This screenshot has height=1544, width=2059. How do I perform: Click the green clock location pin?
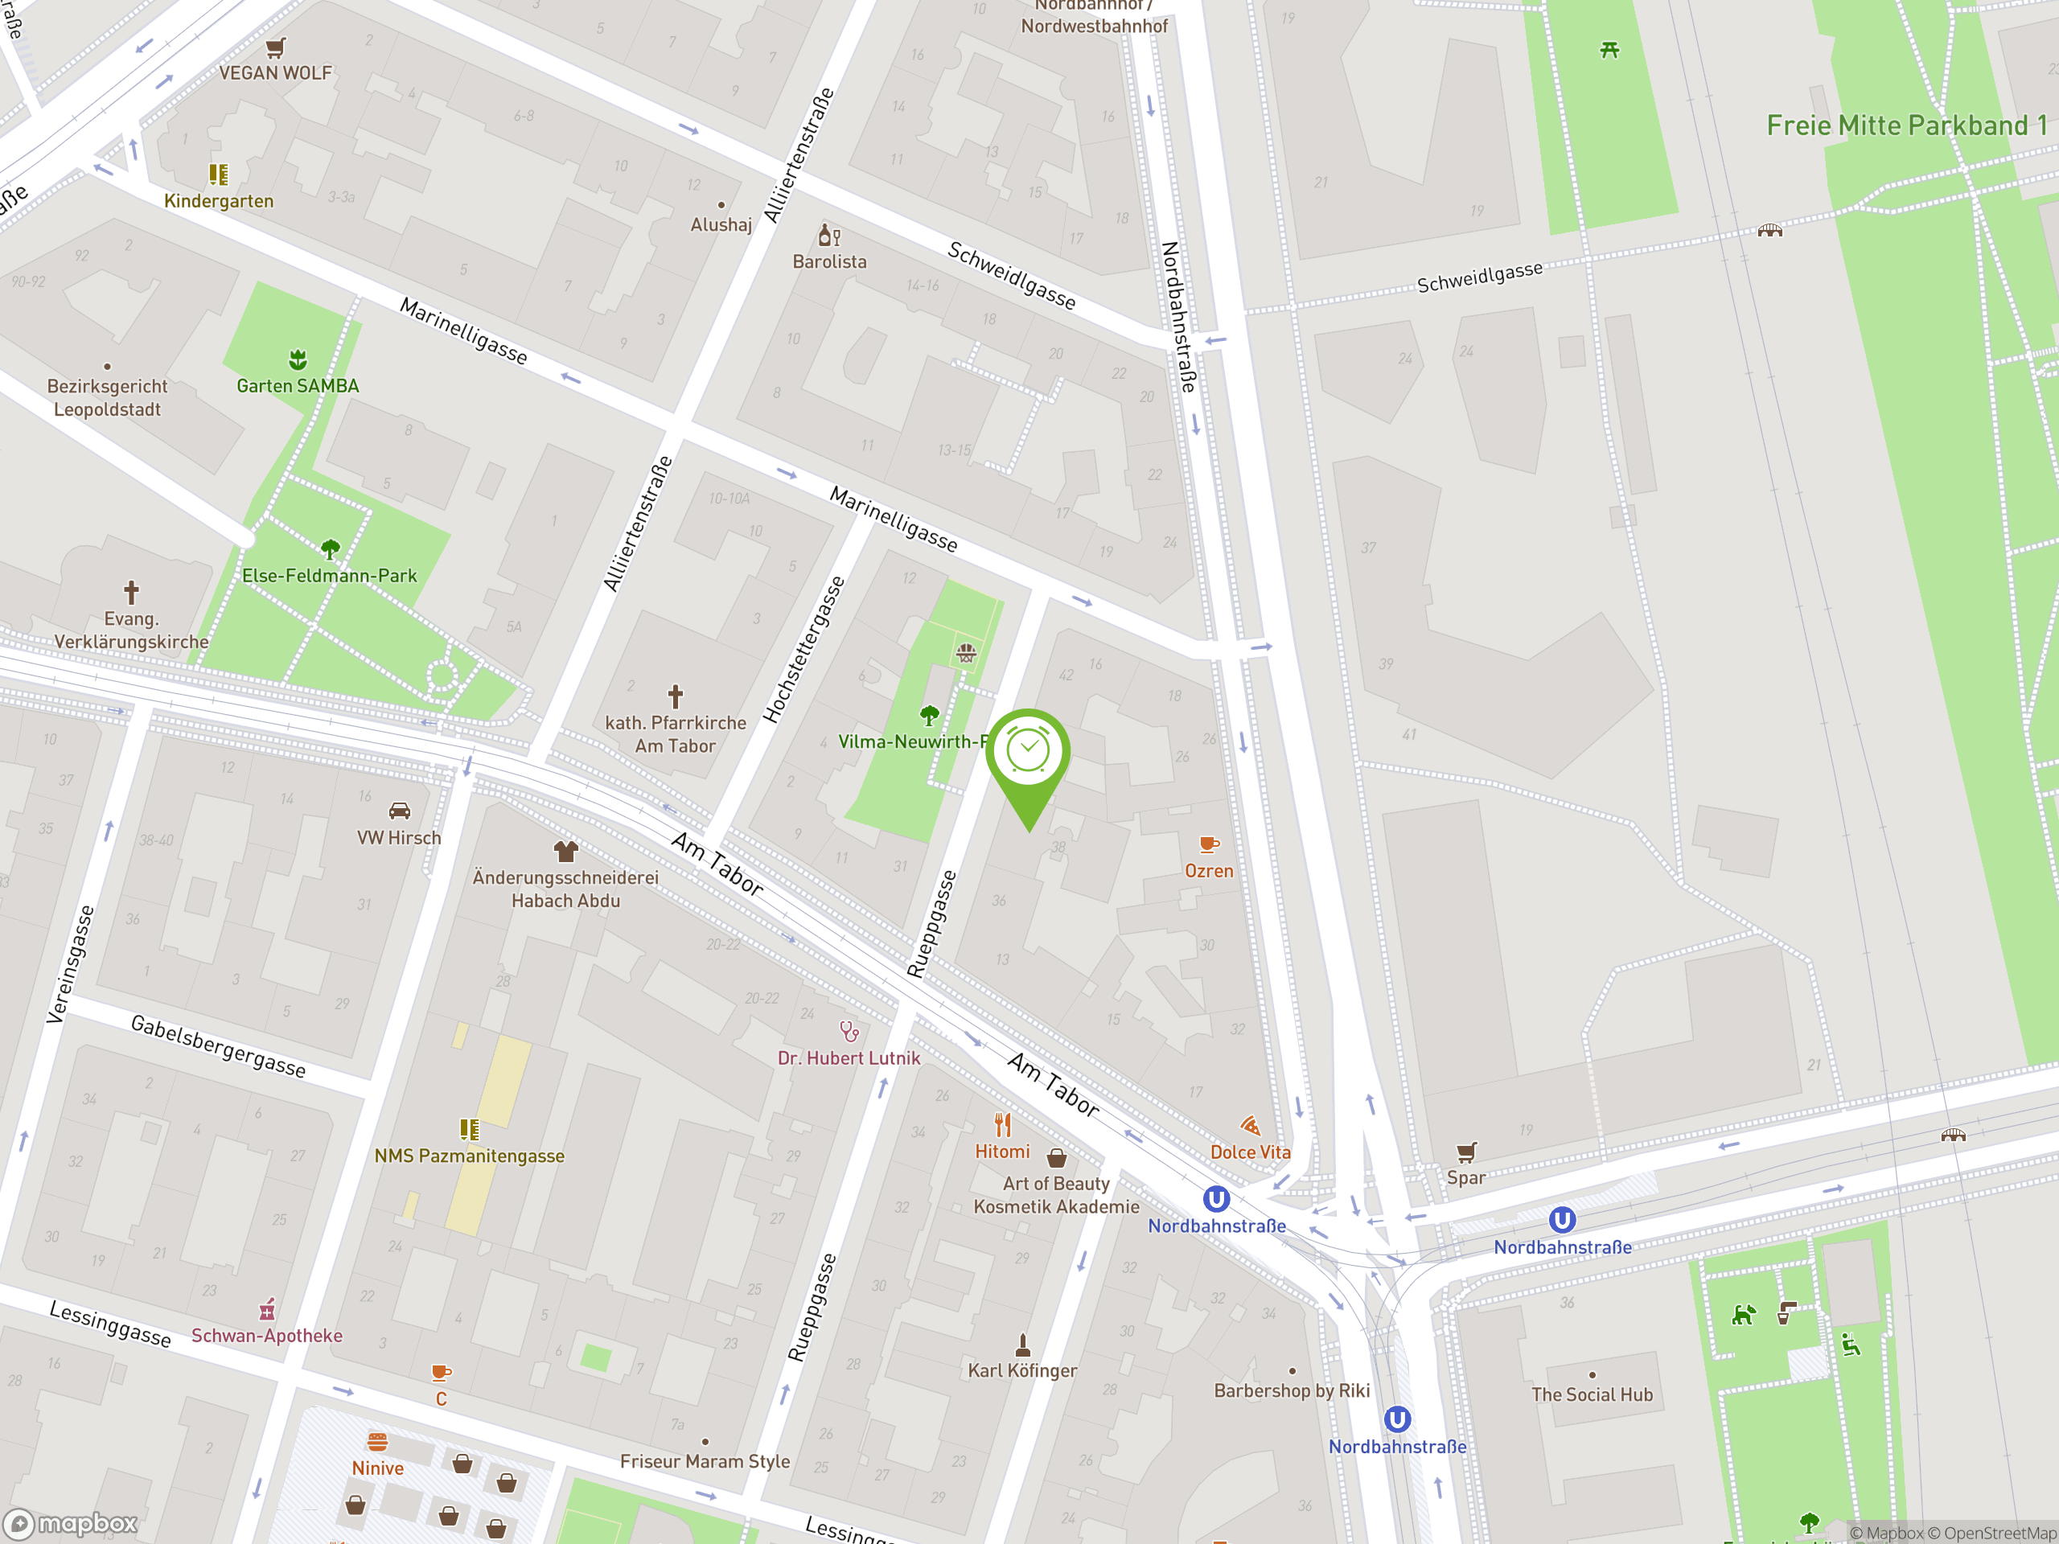(1028, 754)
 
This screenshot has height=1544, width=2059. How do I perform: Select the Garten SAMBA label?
(297, 385)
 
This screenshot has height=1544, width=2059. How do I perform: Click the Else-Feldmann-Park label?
(330, 575)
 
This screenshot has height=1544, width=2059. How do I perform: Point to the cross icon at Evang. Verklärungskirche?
(131, 592)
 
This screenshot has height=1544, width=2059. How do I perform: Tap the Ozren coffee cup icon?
(1208, 844)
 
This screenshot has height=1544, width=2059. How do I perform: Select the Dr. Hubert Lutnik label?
(848, 1058)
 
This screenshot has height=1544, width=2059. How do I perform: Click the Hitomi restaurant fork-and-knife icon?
(1002, 1125)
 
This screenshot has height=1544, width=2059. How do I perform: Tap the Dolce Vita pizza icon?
(1250, 1126)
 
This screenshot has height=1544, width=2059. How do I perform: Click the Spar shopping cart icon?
(1466, 1152)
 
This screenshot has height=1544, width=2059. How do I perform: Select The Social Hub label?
(1592, 1394)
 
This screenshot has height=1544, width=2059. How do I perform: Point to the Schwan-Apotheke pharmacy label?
(266, 1336)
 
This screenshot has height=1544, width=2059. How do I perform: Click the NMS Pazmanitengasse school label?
(469, 1156)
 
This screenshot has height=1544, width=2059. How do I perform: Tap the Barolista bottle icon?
(828, 235)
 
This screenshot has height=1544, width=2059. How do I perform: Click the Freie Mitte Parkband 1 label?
(1906, 125)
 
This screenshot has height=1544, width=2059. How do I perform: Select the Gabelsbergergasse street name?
(218, 1046)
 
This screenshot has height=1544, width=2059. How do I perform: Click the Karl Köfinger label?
(1022, 1370)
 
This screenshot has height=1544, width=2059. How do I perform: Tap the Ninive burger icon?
(377, 1443)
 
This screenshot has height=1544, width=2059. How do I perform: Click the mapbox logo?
(72, 1524)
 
